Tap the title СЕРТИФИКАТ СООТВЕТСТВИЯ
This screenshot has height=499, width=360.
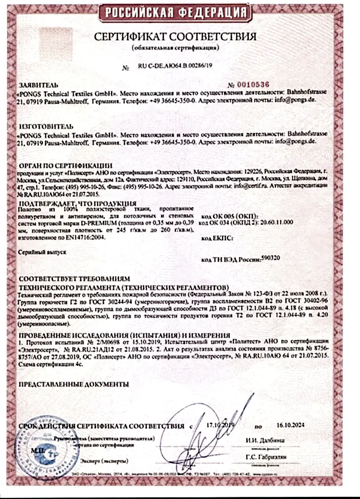coord(175,37)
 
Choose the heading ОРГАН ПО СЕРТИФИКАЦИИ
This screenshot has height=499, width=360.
coord(65,166)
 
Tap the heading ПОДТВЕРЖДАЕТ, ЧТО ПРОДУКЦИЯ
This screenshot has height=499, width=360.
coord(71,204)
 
